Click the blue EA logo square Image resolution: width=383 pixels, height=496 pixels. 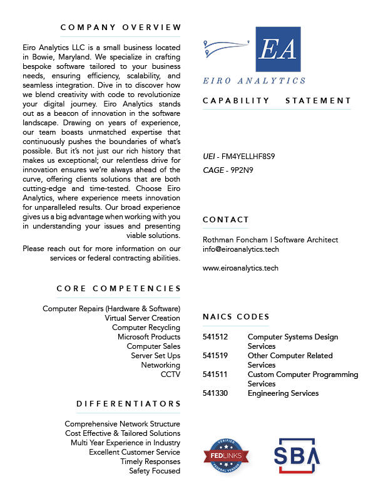point(278,49)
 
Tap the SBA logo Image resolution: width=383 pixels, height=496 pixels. point(297,455)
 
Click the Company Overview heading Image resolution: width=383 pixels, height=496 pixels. point(121,28)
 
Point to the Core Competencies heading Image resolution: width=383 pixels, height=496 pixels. point(119,289)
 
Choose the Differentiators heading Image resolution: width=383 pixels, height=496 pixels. point(129,404)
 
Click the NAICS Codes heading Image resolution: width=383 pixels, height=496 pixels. point(237,317)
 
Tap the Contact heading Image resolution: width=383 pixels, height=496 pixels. point(226,220)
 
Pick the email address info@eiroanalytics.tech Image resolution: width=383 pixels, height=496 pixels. point(241,249)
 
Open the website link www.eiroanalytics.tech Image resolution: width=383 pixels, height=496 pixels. point(241,268)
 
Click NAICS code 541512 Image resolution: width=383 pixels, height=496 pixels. point(215,337)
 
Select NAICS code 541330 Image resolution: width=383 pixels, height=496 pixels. point(215,393)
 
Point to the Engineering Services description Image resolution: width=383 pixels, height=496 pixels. point(283,393)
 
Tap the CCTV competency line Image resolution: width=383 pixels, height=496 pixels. point(170,375)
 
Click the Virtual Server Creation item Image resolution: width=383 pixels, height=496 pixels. point(142,318)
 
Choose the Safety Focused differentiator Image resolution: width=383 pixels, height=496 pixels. point(155,471)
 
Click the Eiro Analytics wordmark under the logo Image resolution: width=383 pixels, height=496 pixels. point(254,81)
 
